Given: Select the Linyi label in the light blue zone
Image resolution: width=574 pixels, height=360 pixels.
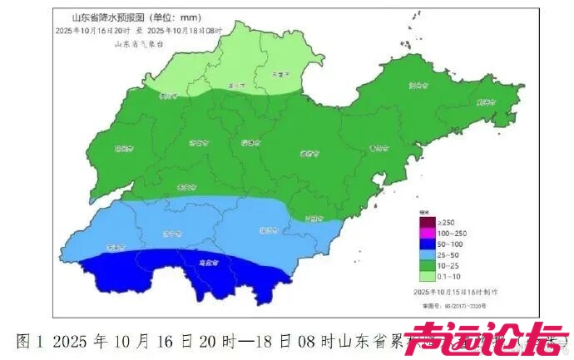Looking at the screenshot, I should pyautogui.click(x=268, y=230).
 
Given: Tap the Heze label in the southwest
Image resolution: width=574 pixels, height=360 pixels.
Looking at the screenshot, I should pyautogui.click(x=116, y=246).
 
